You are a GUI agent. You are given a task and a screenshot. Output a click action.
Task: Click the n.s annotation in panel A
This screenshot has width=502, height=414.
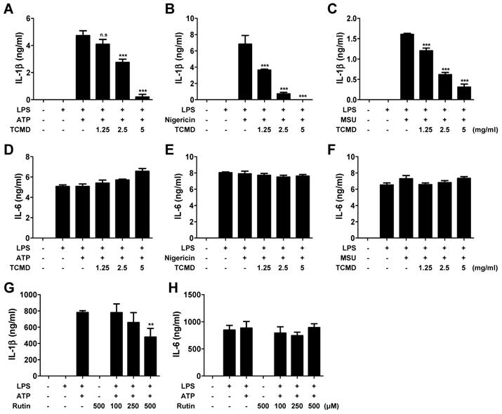coord(103,33)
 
